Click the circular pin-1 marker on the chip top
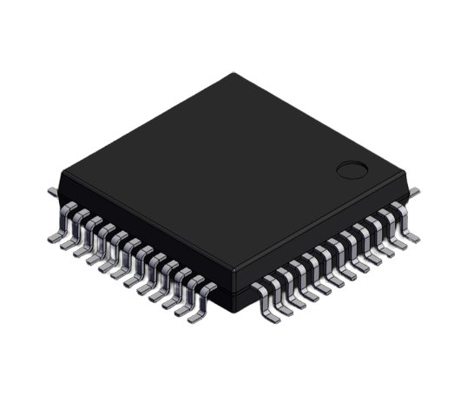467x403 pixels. pos(352,169)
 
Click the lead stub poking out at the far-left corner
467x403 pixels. pos(51,188)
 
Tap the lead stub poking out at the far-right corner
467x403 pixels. pos(414,191)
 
